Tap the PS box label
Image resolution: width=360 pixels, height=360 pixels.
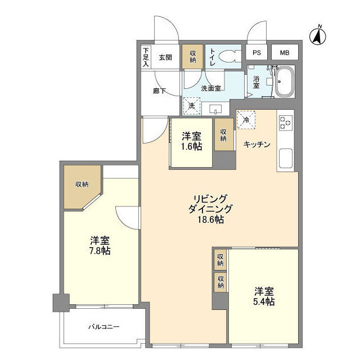257,53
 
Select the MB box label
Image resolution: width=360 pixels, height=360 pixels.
285,53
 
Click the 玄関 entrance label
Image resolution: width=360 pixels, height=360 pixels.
164,57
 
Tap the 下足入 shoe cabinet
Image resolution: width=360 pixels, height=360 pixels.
146,57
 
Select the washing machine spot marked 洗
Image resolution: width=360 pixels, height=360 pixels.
191,105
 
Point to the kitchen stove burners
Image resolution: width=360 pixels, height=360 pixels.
285,123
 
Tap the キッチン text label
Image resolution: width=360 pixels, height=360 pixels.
257,145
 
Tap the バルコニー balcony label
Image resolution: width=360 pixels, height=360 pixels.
103,327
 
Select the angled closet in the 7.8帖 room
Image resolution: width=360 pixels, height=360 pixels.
80,186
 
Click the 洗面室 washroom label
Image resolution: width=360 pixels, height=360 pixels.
213,88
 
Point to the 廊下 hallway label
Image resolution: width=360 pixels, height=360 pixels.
159,91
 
